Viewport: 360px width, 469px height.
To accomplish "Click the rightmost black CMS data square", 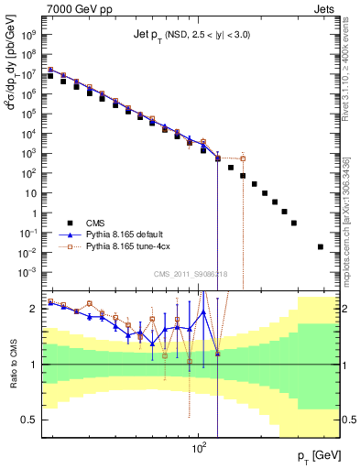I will pyautogui.click(x=320, y=246).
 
